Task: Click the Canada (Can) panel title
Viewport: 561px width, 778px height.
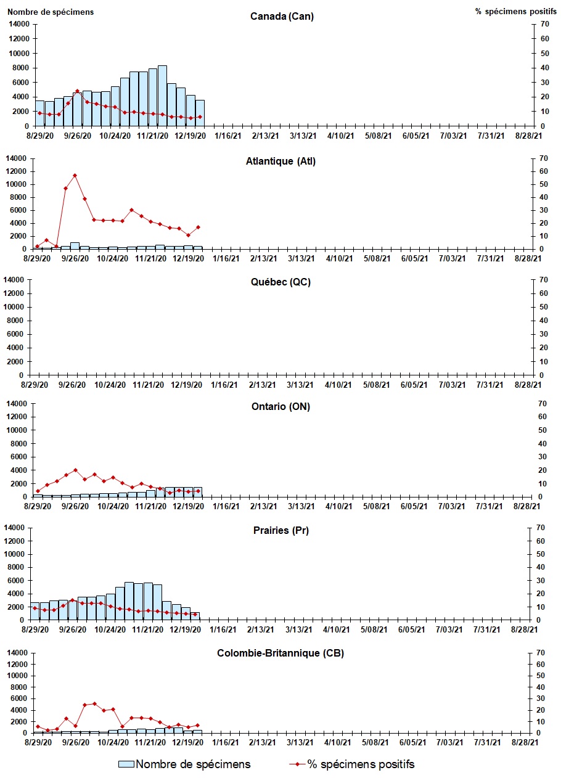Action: tap(282, 16)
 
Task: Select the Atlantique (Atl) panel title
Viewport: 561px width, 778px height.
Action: tap(280, 162)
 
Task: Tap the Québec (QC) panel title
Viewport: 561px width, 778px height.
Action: tap(280, 282)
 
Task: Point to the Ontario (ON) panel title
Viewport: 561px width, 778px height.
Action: tap(280, 407)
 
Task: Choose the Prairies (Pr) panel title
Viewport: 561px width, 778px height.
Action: tap(280, 531)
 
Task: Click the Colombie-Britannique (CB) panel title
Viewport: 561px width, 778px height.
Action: tap(280, 653)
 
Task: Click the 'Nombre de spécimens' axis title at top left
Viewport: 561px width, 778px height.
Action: tap(51, 12)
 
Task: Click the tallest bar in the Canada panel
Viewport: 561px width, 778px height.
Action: tap(162, 96)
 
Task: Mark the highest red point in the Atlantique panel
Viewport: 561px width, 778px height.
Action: tap(75, 175)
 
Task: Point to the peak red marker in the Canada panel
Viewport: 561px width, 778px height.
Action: tap(77, 91)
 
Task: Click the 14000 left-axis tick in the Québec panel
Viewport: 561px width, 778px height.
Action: tap(19, 280)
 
